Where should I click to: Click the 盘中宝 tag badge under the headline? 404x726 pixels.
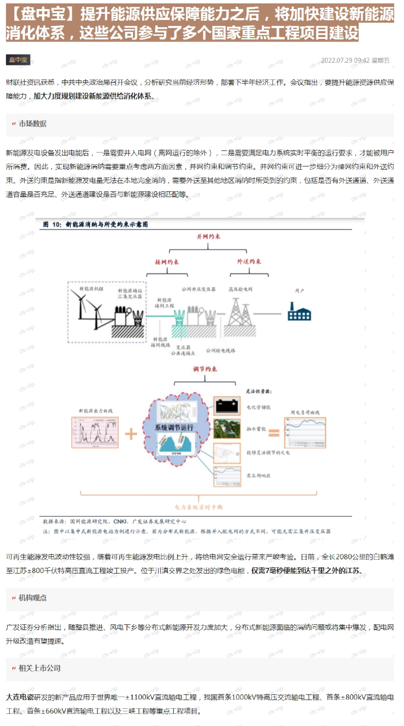(x=18, y=60)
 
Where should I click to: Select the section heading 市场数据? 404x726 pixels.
(x=32, y=124)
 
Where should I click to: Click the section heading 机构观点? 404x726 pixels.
(x=32, y=598)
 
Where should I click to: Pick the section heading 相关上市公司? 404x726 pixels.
(x=39, y=668)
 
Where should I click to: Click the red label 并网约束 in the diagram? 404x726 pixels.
(x=208, y=236)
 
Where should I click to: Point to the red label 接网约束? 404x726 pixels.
(x=167, y=262)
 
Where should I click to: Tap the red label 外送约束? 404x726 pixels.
(x=249, y=261)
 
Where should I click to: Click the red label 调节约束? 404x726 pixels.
(x=205, y=369)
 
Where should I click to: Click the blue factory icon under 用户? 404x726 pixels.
(x=299, y=311)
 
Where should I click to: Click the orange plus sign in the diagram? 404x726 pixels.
(x=130, y=433)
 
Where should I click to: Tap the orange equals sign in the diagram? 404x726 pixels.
(x=274, y=433)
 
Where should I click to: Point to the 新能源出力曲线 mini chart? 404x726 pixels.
(x=95, y=432)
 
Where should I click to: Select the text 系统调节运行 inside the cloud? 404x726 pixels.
(x=174, y=427)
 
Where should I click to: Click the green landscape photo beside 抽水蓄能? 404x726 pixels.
(x=227, y=429)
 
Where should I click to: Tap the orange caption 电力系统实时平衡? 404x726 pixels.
(x=199, y=507)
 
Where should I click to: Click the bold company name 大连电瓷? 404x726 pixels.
(x=20, y=697)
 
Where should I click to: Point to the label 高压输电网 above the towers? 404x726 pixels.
(x=241, y=289)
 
